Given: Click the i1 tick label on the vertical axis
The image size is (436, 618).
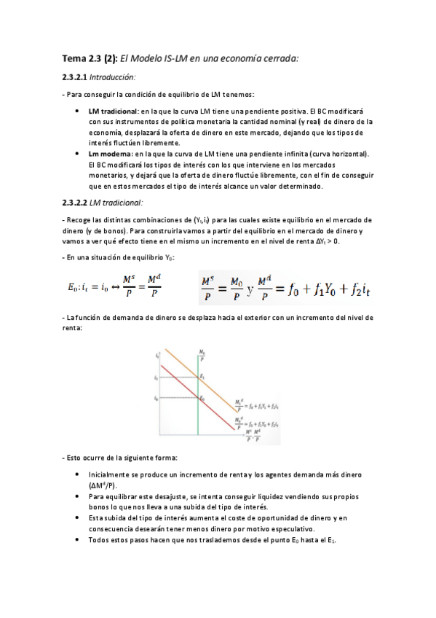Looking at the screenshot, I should (156, 379).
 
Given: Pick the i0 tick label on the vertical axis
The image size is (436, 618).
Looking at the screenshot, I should (156, 399).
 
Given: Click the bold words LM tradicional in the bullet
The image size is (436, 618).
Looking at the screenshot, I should (114, 112).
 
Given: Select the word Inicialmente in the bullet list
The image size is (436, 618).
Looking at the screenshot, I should (111, 474).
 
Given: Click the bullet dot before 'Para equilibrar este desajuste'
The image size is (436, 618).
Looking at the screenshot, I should (78, 496).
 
